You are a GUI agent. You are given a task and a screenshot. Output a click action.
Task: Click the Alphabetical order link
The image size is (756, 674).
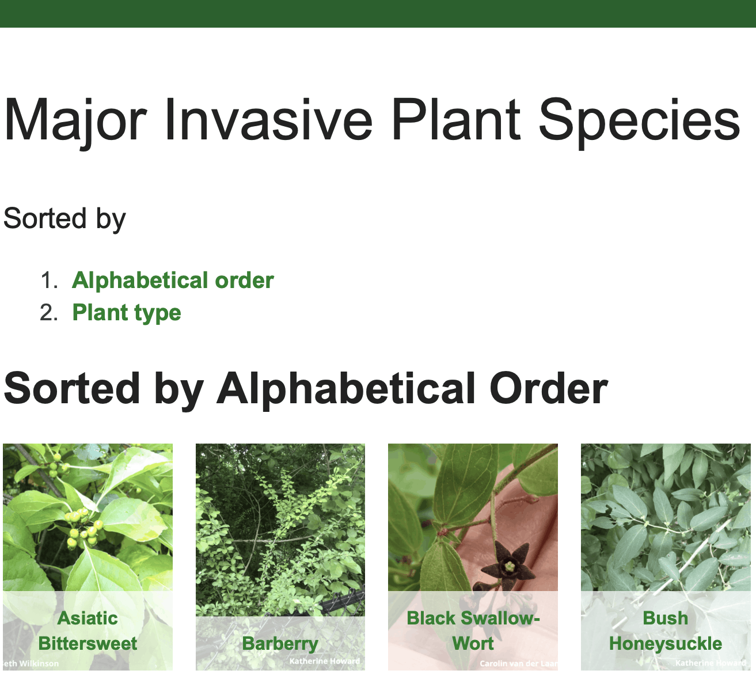pyautogui.click(x=173, y=281)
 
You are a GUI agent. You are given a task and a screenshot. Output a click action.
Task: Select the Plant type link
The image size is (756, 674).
pyautogui.click(x=127, y=313)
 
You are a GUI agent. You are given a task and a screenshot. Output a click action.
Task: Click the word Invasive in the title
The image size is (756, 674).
pyautogui.click(x=268, y=120)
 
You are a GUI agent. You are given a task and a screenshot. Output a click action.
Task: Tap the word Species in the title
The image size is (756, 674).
pyautogui.click(x=639, y=120)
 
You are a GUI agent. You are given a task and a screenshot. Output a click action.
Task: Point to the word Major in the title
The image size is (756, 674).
pyautogui.click(x=75, y=120)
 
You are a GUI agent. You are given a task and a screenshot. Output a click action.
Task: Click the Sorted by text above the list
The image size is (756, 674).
pyautogui.click(x=64, y=219)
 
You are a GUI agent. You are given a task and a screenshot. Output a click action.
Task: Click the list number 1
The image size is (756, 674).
pyautogui.click(x=49, y=281)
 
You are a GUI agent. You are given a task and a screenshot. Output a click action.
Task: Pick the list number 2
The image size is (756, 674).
pyautogui.click(x=49, y=313)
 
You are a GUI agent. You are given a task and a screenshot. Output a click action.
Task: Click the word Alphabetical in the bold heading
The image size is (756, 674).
pyautogui.click(x=345, y=388)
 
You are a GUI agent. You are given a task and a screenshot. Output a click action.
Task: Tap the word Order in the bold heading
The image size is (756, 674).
pyautogui.click(x=548, y=388)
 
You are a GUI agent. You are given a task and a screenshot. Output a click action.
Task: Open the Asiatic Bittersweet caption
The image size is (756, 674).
pyautogui.click(x=88, y=631)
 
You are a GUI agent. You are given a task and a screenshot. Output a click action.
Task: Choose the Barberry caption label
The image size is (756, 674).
pyautogui.click(x=280, y=643)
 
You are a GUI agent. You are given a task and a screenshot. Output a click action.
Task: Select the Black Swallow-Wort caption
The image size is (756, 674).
pyautogui.click(x=473, y=631)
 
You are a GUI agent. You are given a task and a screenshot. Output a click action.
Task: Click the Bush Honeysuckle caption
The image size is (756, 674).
pyautogui.click(x=666, y=631)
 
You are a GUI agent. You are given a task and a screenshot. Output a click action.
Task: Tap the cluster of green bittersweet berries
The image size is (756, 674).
pyautogui.click(x=82, y=528)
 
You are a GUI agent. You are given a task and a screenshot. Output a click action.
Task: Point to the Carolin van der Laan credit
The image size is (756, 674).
pyautogui.click(x=519, y=664)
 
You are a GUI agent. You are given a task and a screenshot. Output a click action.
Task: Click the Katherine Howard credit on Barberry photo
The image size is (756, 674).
pyautogui.click(x=325, y=661)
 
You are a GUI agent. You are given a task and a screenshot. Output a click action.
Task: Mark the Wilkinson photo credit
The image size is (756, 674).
pyautogui.click(x=32, y=664)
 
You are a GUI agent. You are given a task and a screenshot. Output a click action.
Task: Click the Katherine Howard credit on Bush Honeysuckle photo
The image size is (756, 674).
pyautogui.click(x=711, y=663)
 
